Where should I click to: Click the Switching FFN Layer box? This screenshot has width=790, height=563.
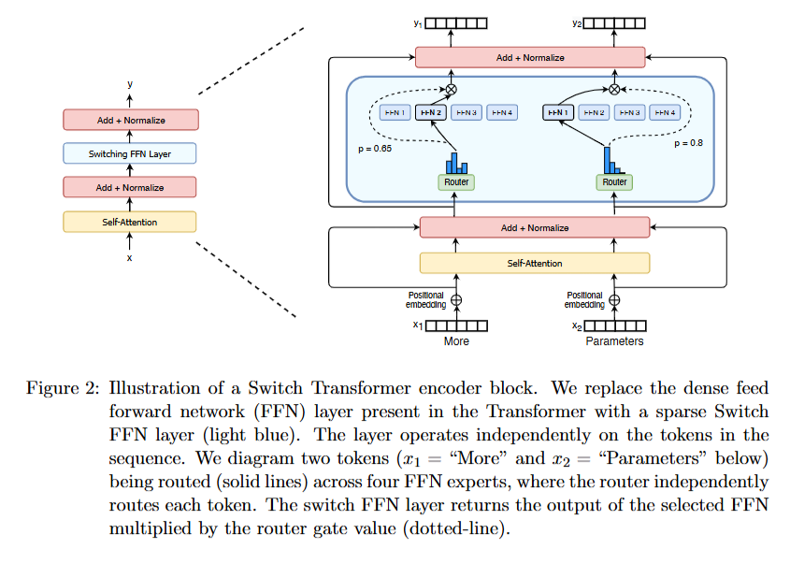pos(130,153)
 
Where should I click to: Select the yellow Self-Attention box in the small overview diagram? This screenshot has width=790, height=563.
pos(130,222)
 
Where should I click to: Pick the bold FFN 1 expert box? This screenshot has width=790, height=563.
pos(558,112)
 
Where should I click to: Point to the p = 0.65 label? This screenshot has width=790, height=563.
pos(375,149)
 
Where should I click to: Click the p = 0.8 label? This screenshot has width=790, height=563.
pos(687,144)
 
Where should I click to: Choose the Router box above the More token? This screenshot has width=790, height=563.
pos(456,181)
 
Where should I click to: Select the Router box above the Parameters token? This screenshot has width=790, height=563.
pos(614,181)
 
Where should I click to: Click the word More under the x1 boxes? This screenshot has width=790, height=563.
pos(456,341)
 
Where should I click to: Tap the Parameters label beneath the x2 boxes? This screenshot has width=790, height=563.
pos(614,341)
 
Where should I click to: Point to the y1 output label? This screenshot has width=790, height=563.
pos(418,22)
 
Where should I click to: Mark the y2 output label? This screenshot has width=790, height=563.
pos(576,22)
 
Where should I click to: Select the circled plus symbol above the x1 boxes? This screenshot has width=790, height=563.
pos(457,300)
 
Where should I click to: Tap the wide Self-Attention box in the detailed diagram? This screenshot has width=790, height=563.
pos(534,264)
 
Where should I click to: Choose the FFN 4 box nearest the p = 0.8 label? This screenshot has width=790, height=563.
pos(665,112)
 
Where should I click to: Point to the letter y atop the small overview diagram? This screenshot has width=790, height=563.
pos(130,84)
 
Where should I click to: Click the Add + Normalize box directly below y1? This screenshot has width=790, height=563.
pos(530,58)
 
